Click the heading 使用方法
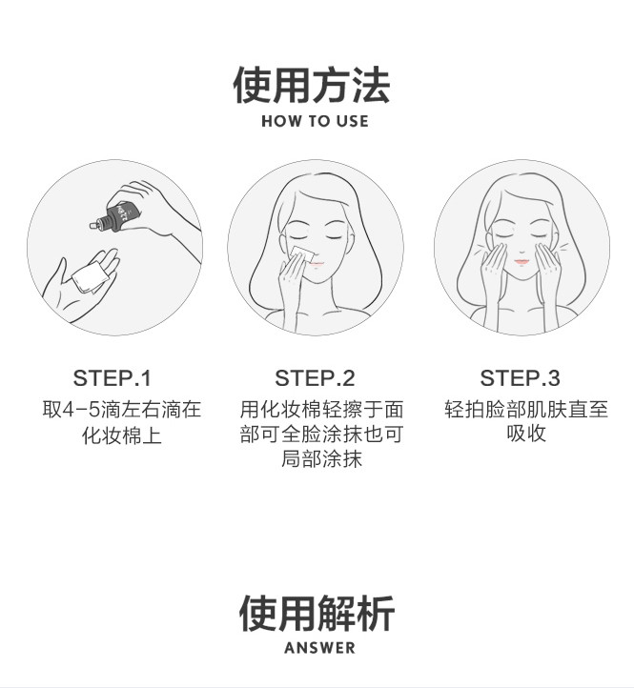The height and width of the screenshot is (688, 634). pyautogui.click(x=312, y=85)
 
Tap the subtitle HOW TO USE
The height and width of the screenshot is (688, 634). pyautogui.click(x=315, y=121)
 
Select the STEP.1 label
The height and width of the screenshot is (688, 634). pyautogui.click(x=112, y=378)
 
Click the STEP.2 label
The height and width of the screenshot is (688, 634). pyautogui.click(x=315, y=378)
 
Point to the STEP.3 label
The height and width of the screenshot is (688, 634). pyautogui.click(x=520, y=378)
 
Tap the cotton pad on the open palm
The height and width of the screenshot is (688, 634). pyautogui.click(x=91, y=276)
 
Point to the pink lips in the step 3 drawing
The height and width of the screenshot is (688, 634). pyautogui.click(x=522, y=262)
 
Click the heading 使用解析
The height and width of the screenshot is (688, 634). pyautogui.click(x=317, y=614)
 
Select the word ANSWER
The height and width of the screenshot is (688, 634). pyautogui.click(x=319, y=648)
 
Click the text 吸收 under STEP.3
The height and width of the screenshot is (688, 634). pyautogui.click(x=526, y=434)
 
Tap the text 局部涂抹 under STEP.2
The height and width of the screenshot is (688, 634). pyautogui.click(x=321, y=459)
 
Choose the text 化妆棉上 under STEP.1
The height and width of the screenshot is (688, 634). pyautogui.click(x=122, y=435)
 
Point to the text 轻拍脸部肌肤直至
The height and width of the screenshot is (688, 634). pyautogui.click(x=526, y=409)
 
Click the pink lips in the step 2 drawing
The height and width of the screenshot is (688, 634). pyautogui.click(x=316, y=265)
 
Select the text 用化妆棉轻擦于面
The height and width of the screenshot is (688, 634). pyautogui.click(x=321, y=410)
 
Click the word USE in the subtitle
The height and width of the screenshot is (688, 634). pyautogui.click(x=352, y=121)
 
